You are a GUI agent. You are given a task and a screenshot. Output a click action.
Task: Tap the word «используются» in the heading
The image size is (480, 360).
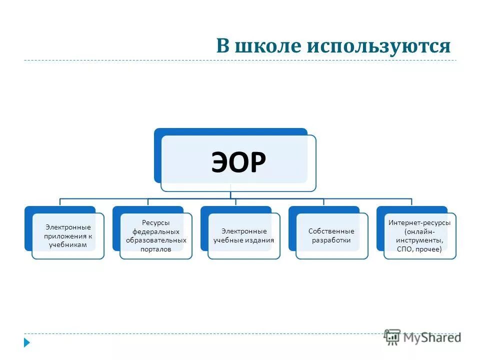(378, 45)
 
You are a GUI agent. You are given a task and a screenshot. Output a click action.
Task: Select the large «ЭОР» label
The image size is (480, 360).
(238, 163)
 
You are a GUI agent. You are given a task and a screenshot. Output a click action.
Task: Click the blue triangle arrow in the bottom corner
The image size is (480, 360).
(27, 343)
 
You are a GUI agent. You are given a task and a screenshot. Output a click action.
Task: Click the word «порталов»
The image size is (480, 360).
(156, 249)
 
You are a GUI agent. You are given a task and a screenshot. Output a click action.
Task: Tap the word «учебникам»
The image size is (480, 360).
(68, 245)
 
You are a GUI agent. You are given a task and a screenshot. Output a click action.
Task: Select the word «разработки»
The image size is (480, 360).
(331, 240)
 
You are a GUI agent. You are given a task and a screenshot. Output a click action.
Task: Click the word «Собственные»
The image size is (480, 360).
(331, 231)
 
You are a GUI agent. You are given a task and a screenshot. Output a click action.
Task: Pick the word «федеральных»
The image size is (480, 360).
(156, 231)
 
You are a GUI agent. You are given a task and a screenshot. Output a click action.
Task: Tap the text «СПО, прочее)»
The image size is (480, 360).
(420, 249)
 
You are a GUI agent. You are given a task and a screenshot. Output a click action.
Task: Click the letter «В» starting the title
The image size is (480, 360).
(223, 45)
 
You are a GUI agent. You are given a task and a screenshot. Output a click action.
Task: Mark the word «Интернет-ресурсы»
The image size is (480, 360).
(420, 222)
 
